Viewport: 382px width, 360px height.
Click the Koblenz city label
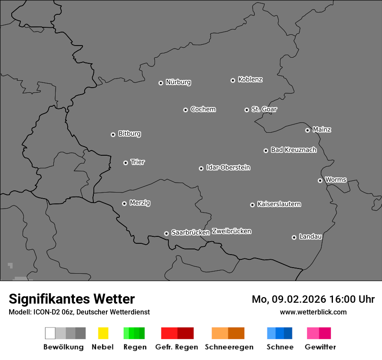pos(250,79)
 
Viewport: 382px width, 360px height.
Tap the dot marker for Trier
pos(126,163)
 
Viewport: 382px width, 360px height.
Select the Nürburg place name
pos(178,82)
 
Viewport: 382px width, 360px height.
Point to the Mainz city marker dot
pos(307,130)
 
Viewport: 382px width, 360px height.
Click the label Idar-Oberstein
pos(228,167)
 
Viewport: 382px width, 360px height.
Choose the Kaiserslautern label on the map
pos(279,204)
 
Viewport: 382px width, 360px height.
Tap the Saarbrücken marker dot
pos(166,233)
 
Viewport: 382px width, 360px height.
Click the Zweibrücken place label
pos(231,231)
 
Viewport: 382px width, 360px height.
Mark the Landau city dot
pos(294,237)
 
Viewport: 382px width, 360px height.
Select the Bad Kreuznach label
pos(293,150)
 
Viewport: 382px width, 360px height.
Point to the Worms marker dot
pos(320,180)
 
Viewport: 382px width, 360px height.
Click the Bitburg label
pos(129,134)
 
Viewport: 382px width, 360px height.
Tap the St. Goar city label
pos(264,109)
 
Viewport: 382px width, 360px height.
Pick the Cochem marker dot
pos(185,110)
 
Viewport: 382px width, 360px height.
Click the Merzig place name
pos(140,203)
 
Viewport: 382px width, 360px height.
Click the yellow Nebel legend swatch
pos(103,333)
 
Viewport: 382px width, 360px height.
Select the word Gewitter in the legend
pos(320,347)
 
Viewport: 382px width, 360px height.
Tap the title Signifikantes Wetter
pos(72,299)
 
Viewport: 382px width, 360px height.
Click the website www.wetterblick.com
pos(313,312)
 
